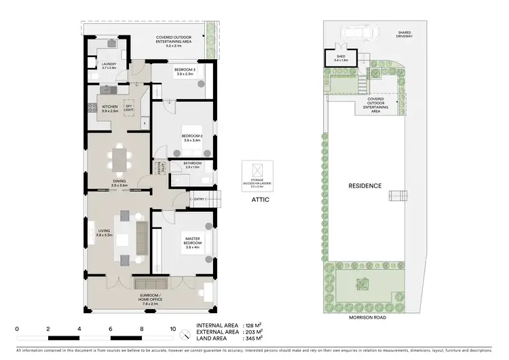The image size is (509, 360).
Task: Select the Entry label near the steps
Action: click(199, 199)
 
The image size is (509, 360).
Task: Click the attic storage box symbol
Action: click(257, 169)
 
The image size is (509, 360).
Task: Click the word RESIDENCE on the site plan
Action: click(365, 185)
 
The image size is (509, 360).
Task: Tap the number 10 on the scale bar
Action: click(172, 328)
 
